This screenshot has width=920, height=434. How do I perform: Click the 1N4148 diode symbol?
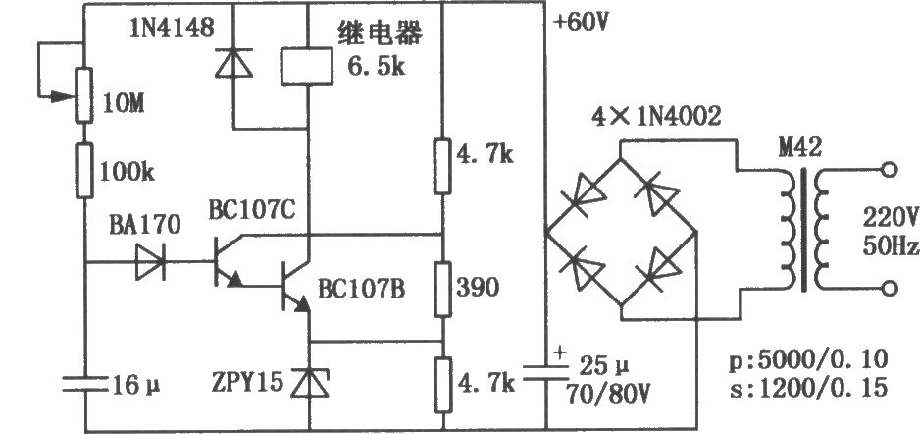coord(233,63)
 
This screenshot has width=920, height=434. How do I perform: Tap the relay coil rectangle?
coord(307,67)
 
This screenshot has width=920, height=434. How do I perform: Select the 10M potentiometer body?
coord(84,95)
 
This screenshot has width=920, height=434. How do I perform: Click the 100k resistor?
coord(84,171)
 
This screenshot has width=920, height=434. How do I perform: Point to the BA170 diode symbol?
coord(151,262)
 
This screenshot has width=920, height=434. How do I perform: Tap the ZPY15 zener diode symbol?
coord(309,382)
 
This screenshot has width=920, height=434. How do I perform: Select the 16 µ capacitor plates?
coord(85,385)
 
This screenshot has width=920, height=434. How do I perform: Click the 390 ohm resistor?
coord(443,290)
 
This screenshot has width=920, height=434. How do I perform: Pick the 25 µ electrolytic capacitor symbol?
coord(545,372)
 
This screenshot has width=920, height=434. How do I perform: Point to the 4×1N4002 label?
coord(655,118)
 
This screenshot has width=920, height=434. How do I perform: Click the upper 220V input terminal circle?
coord(890,170)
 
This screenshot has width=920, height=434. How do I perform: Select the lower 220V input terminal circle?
coord(890,289)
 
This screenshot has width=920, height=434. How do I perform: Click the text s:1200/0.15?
coord(808,388)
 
